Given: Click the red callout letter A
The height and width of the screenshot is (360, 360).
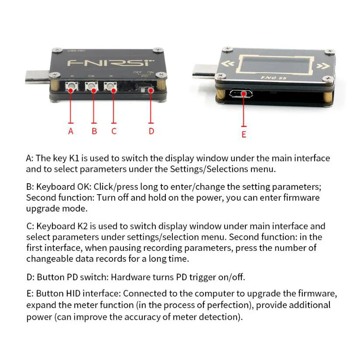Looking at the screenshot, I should [x=71, y=131].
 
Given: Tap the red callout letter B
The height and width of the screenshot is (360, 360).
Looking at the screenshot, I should [x=94, y=131].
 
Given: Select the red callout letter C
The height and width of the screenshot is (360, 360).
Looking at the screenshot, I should [x=113, y=131].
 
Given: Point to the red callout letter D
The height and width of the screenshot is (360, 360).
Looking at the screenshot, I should [x=151, y=131].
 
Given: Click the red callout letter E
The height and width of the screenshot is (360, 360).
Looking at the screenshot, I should [x=244, y=134].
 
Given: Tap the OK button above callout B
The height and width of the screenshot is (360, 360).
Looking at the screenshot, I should [x=92, y=89].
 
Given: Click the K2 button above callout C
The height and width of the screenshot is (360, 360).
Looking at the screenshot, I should [x=113, y=89].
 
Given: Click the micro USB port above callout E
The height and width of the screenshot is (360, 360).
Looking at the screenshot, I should [x=240, y=94].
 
